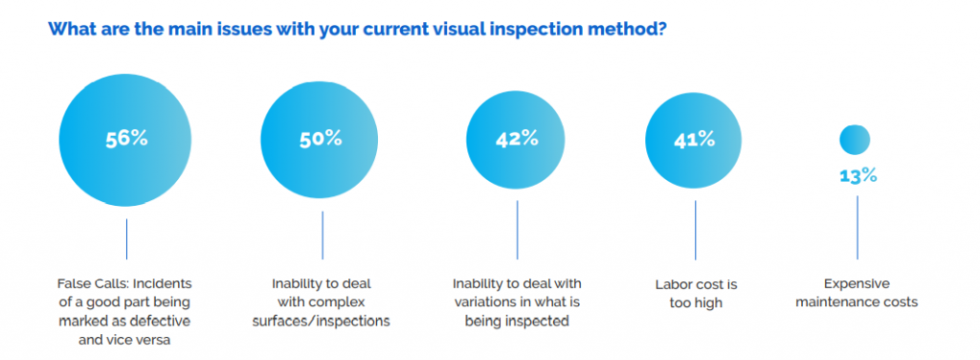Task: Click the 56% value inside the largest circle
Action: tap(126, 138)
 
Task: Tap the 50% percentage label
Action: tap(321, 138)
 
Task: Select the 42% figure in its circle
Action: tap(517, 139)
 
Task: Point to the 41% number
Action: tap(694, 139)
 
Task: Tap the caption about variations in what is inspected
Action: tap(517, 303)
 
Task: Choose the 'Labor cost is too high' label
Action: tap(695, 294)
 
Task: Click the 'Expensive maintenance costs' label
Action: tap(857, 293)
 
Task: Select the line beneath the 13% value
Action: tap(857, 227)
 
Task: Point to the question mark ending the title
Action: tap(661, 28)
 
